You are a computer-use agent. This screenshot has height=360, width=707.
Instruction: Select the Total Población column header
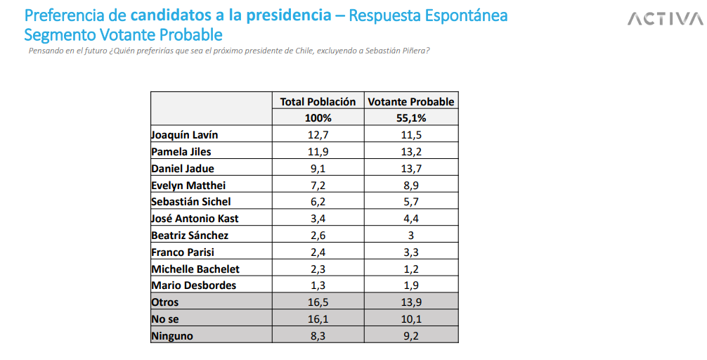pos(318,101)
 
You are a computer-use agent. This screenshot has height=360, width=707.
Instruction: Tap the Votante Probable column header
pos(411,101)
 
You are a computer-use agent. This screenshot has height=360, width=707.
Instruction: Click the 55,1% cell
pos(411,118)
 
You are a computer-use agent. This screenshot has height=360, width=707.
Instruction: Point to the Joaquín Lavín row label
pos(180,135)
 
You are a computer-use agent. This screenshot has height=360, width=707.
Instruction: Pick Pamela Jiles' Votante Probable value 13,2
pos(411,152)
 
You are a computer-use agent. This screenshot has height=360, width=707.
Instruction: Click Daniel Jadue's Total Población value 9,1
pos(318,169)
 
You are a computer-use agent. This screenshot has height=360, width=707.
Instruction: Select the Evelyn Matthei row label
pos(188,186)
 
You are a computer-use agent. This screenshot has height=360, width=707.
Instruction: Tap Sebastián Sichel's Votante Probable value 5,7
pos(411,202)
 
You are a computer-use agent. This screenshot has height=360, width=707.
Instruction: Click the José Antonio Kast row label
pos(195,219)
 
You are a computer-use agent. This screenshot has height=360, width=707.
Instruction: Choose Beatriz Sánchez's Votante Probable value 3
pos(411,236)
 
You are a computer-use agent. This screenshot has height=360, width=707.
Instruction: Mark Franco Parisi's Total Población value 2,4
pos(318,252)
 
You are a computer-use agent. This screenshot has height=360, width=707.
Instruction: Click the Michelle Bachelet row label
pos(195,269)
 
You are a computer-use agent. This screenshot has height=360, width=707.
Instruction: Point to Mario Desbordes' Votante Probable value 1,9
pos(411,285)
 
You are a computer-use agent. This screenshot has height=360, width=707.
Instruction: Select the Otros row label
pos(165,302)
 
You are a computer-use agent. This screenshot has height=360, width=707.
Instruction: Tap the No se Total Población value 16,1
pos(318,319)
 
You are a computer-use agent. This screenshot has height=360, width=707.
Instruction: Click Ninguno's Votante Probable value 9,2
pos(411,336)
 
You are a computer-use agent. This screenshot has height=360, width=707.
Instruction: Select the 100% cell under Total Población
pos(318,118)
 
